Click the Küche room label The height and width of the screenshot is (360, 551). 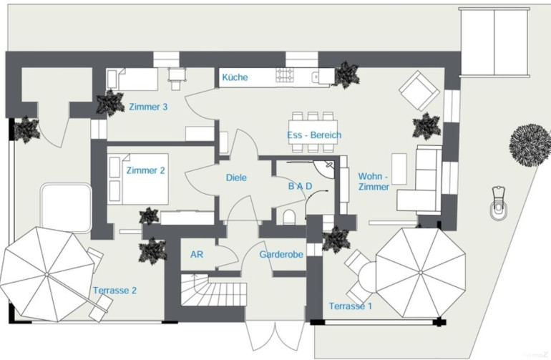pos(235,77)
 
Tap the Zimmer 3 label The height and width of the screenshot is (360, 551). pos(148,107)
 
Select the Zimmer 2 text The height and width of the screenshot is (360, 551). pos(145,170)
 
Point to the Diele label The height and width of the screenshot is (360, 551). pos(236,177)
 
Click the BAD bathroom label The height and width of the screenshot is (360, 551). pos(300,186)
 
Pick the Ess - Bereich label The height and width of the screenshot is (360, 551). pos(314,135)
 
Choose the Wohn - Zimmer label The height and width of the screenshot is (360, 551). pos(374,181)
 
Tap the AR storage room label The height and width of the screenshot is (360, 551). pos(197,254)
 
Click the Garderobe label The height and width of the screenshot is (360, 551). pos(281,254)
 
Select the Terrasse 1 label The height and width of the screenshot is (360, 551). pos(351,306)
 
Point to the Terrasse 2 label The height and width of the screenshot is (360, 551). pos(114,291)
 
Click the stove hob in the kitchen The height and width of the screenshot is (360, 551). pos(285,75)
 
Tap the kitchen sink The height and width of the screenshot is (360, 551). pos(316,77)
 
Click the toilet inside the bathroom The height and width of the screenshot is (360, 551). pos(289,218)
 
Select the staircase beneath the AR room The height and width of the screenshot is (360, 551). pos(213,290)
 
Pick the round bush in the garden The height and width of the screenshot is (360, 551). pos(530,145)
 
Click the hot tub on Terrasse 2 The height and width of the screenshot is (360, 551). pos(66,208)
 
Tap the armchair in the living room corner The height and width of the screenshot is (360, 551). pos(419,91)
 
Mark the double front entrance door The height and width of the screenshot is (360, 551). pos(275,336)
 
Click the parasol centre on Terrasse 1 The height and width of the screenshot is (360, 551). pos(421,273)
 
